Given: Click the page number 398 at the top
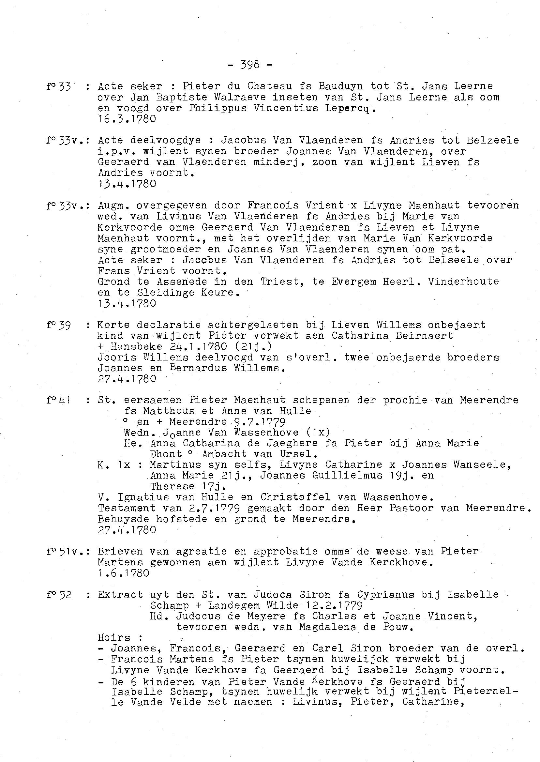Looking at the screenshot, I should [x=250, y=65].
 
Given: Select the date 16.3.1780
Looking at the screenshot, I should [x=127, y=119].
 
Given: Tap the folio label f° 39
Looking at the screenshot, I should [x=59, y=325].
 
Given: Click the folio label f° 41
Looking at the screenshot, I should [x=58, y=400].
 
